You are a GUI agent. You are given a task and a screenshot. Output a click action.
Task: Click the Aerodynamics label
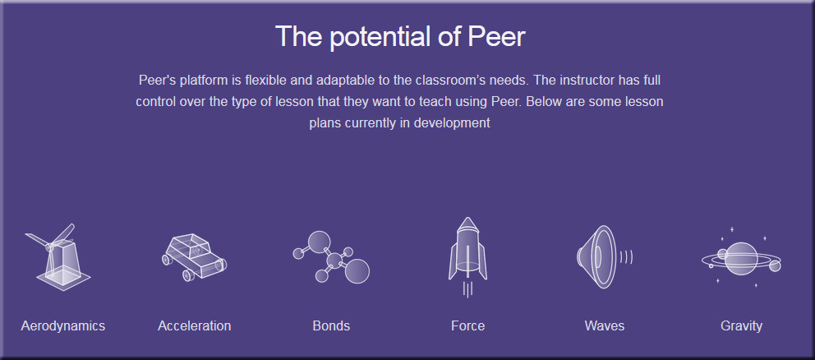pyautogui.click(x=63, y=326)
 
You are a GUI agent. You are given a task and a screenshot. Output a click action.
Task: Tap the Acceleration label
pyautogui.click(x=195, y=326)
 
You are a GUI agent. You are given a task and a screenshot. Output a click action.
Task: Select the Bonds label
pyautogui.click(x=331, y=326)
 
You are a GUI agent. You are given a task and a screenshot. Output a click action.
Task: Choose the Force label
pyautogui.click(x=467, y=326)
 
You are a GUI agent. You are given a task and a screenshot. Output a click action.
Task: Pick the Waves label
pyautogui.click(x=605, y=326)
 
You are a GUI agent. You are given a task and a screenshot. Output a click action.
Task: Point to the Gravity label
pyautogui.click(x=741, y=326)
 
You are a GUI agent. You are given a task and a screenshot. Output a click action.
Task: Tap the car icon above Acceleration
pyautogui.click(x=195, y=257)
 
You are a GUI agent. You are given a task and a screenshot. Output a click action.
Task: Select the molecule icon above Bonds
pyautogui.click(x=331, y=257)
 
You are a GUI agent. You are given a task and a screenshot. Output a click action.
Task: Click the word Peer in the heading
pyautogui.click(x=497, y=37)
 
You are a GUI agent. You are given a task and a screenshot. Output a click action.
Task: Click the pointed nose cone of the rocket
pyautogui.click(x=467, y=224)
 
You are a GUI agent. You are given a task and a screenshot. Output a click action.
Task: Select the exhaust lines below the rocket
pyautogui.click(x=467, y=289)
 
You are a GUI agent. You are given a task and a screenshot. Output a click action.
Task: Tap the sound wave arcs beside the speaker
pyautogui.click(x=627, y=257)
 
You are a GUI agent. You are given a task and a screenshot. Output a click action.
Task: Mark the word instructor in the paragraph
pyautogui.click(x=588, y=81)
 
